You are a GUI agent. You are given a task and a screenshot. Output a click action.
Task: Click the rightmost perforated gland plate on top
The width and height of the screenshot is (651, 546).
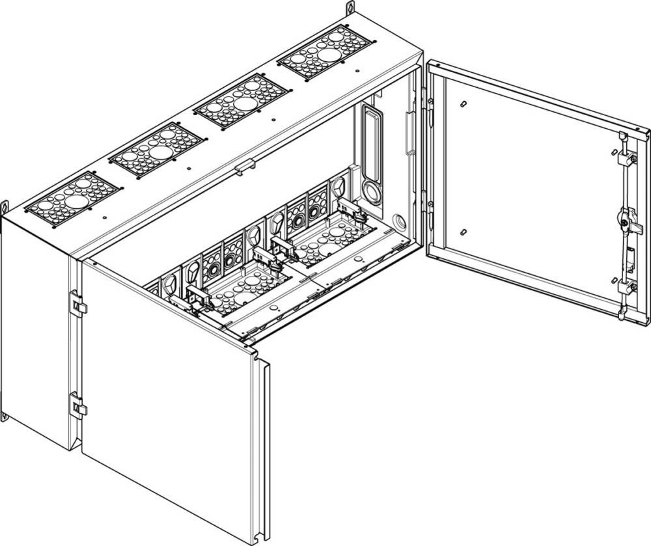click(324, 52)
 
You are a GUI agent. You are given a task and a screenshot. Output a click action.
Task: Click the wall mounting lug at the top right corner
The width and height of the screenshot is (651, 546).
click(350, 8)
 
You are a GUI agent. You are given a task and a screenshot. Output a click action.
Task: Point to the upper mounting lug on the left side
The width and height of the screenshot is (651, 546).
click(4, 206)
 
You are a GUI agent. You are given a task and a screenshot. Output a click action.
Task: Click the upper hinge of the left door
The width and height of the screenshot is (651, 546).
click(77, 303)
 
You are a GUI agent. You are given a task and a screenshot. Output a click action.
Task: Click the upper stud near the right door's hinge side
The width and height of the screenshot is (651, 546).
click(461, 103)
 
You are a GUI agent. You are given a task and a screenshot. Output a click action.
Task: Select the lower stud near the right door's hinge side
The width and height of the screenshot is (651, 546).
click(461, 232)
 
